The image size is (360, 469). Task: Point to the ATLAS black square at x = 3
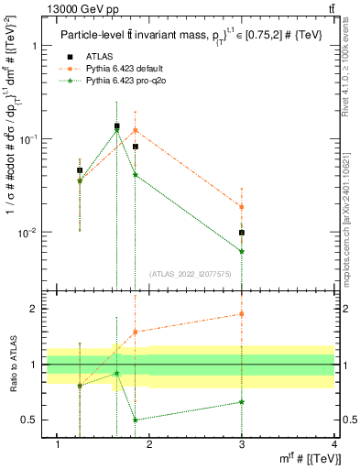(242, 233)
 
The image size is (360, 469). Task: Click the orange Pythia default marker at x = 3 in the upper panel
(242, 207)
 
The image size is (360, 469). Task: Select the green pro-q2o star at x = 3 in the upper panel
(242, 251)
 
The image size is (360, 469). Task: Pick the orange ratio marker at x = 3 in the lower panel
(242, 313)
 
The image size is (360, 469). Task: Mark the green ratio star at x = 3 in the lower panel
(242, 401)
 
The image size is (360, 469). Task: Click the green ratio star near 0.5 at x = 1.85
(136, 420)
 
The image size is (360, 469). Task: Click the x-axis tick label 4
(334, 444)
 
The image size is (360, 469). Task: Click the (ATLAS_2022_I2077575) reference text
(191, 274)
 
